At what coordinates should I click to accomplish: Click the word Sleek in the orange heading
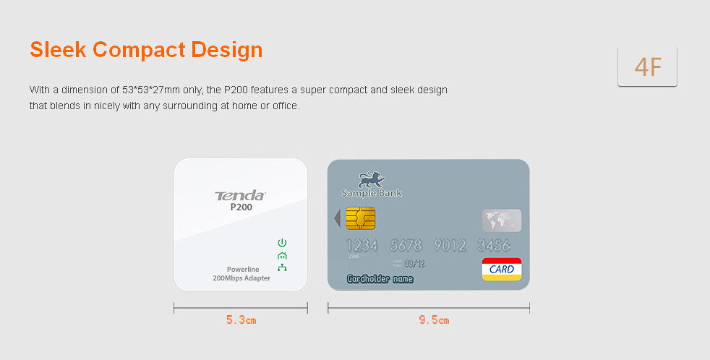pos(58,49)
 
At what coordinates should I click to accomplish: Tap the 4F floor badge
pos(647,66)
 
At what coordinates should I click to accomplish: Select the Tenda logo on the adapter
pos(240,196)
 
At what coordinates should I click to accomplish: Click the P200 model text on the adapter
pos(241,207)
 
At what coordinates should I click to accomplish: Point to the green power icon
pos(282,243)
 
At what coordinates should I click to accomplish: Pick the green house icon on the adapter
pos(282,256)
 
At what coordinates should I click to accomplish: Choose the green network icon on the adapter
pos(282,267)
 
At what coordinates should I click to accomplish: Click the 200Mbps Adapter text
pos(241,278)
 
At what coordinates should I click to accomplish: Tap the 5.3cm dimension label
pos(241,320)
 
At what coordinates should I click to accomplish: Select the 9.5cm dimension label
pos(434,320)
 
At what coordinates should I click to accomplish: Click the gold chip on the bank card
pos(361,218)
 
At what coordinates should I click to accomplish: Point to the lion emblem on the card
pos(372,180)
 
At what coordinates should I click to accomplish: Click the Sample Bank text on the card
pos(372,193)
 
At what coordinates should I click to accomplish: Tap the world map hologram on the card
pos(502,220)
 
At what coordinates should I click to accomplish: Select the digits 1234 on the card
pos(362,246)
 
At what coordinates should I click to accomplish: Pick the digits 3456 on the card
pos(494,246)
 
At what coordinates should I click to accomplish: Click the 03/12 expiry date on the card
pos(414,264)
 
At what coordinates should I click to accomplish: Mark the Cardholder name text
pos(380,279)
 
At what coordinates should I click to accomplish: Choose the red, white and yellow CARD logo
pos(502,269)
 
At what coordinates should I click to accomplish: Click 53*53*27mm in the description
pos(151,90)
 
